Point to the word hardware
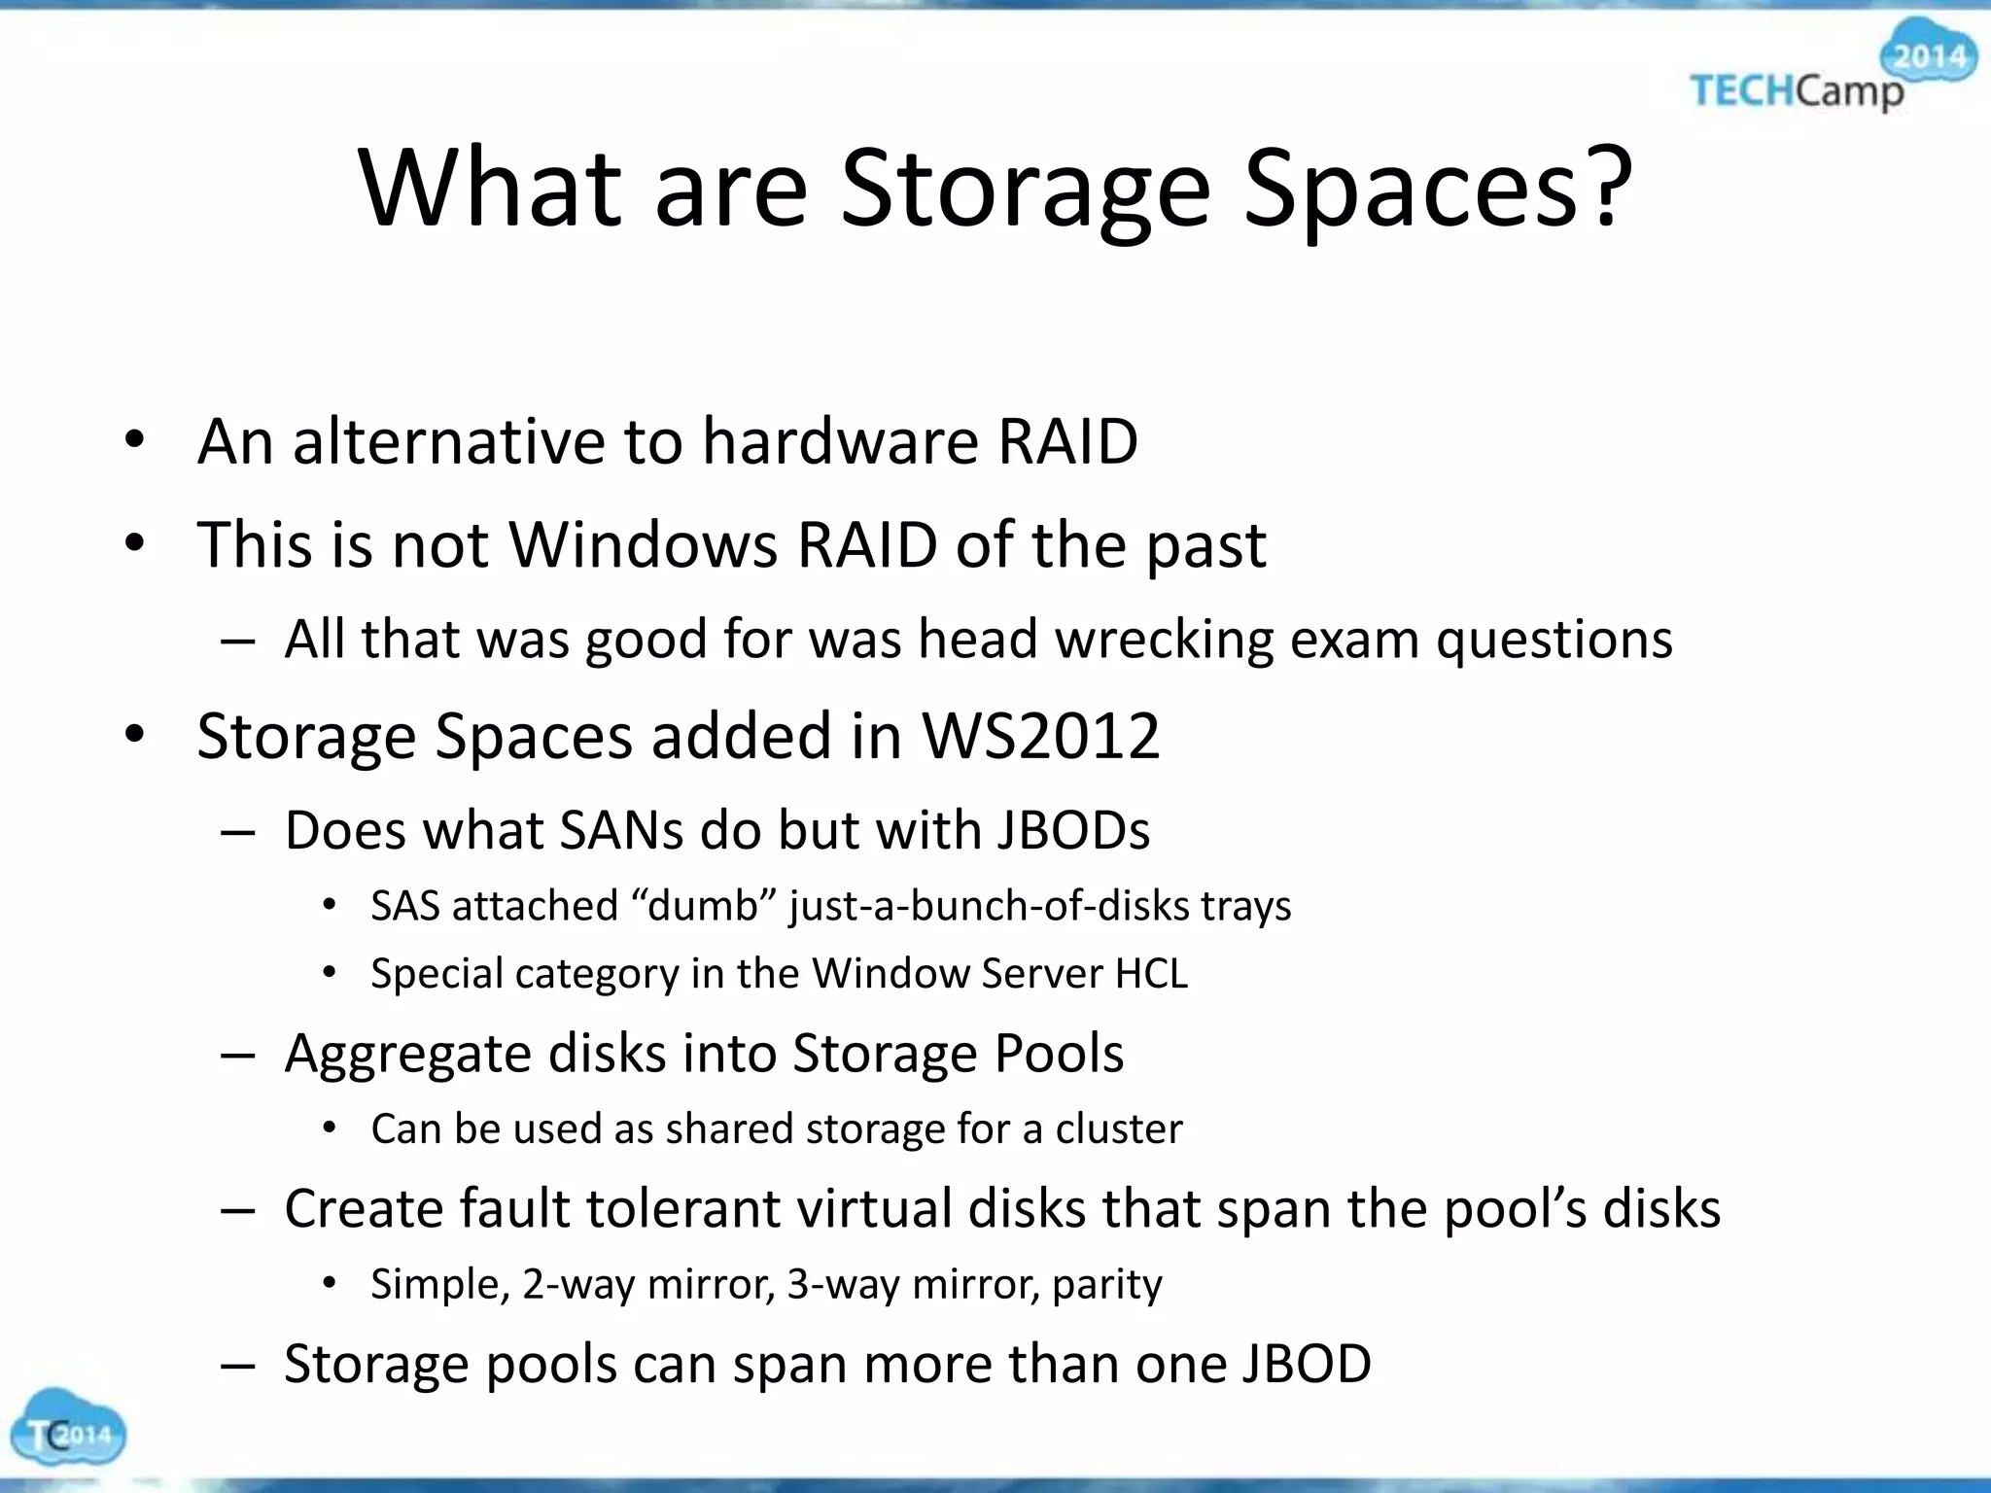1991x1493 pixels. coord(840,441)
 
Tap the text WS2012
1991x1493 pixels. coord(1040,736)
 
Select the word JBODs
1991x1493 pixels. coord(1072,831)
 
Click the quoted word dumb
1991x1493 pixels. coord(702,906)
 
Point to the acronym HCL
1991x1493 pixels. coord(1151,974)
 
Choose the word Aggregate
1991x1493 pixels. coord(408,1054)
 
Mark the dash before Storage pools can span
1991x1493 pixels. coord(238,1365)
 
